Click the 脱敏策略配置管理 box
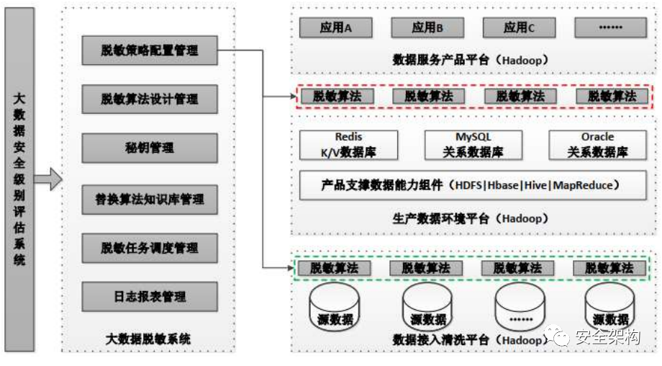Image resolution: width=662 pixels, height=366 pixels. (x=150, y=51)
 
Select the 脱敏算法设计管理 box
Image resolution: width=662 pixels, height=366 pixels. (x=150, y=99)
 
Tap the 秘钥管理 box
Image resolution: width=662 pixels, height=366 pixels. (x=150, y=148)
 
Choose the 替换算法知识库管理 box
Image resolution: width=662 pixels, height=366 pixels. (x=150, y=198)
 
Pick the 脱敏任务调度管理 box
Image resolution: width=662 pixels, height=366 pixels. (x=150, y=248)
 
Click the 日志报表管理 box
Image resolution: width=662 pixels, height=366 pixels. (x=150, y=296)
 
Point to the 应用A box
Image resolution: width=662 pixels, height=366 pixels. (x=336, y=27)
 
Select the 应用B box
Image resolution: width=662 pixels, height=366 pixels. (x=427, y=27)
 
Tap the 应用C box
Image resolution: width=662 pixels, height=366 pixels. (x=520, y=27)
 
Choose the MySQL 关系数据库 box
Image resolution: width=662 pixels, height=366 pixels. (x=473, y=145)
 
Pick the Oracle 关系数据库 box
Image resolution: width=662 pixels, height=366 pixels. (x=597, y=145)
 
